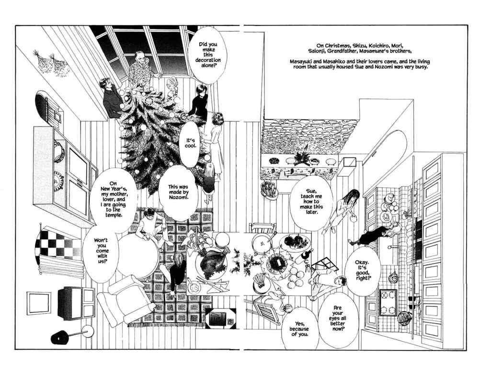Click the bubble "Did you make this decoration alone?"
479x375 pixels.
(208, 55)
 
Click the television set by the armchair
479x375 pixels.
(76, 303)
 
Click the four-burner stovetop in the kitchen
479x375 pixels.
(388, 302)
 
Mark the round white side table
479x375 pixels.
(137, 256)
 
